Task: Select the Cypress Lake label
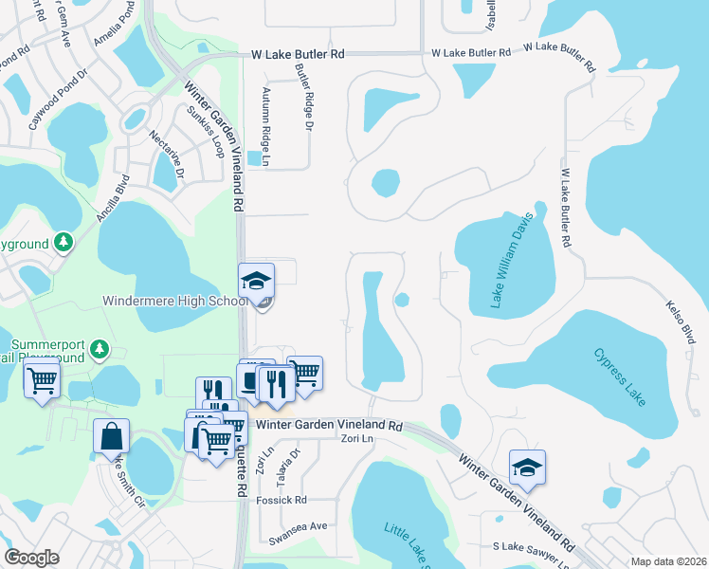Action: pyautogui.click(x=620, y=377)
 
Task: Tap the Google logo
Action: pyautogui.click(x=31, y=558)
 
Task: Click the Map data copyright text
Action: pyautogui.click(x=667, y=561)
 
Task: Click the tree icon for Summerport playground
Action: pyautogui.click(x=99, y=352)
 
